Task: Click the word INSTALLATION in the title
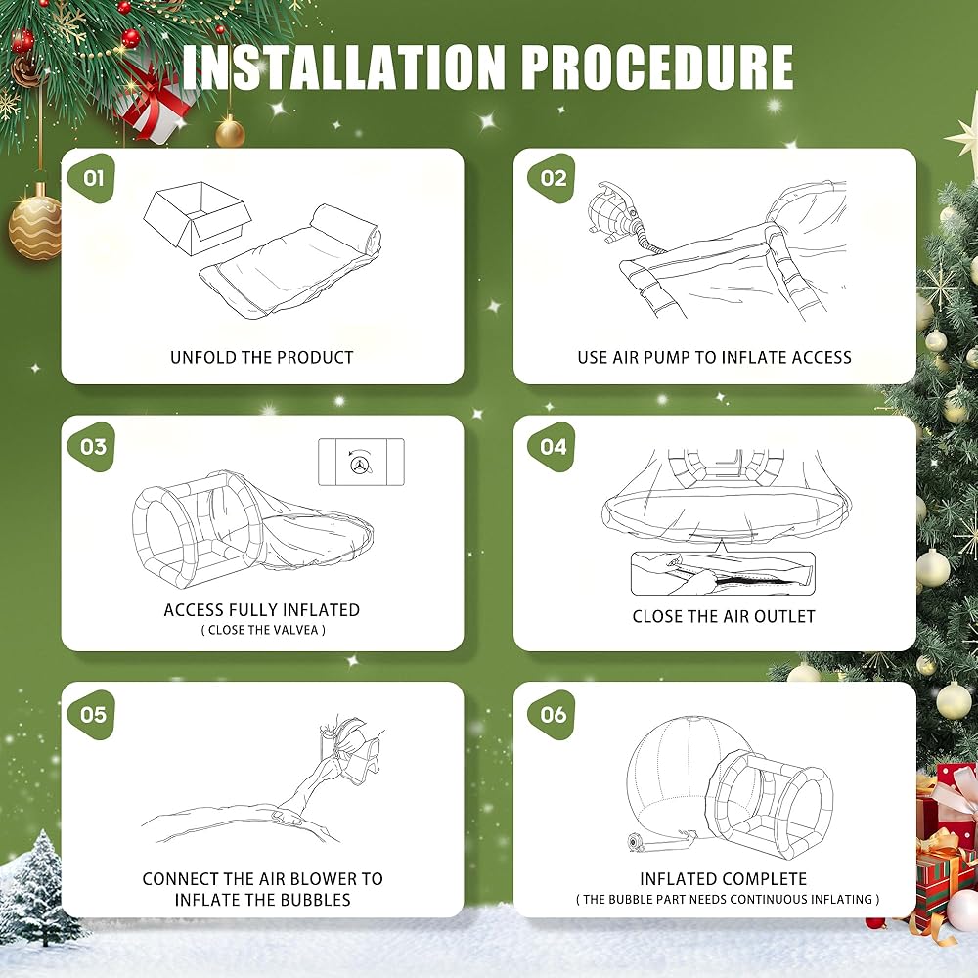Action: click(x=343, y=67)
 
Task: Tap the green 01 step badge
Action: click(x=91, y=177)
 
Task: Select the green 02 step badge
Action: click(x=552, y=177)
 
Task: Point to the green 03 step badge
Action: click(x=91, y=446)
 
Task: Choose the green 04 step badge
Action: click(x=552, y=446)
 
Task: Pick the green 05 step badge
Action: click(x=91, y=714)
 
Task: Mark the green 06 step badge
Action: click(x=552, y=714)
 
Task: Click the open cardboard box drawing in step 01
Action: click(x=198, y=218)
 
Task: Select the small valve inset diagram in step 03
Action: click(x=361, y=462)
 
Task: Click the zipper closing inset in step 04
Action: click(x=723, y=573)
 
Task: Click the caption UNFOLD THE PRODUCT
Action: click(x=262, y=357)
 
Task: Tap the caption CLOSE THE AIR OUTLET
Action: click(x=724, y=616)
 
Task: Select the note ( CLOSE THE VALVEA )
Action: click(x=262, y=630)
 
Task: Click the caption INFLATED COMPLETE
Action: click(x=724, y=879)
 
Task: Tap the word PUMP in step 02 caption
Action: click(x=666, y=357)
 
